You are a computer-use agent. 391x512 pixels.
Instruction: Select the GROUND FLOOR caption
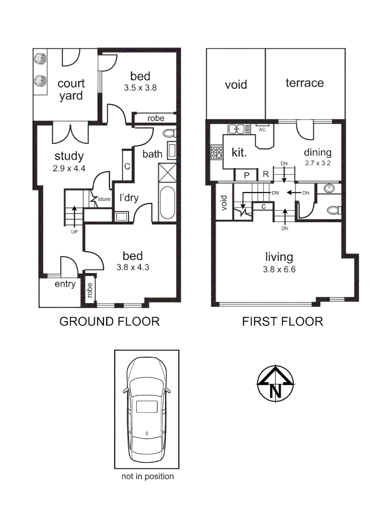coord(109,321)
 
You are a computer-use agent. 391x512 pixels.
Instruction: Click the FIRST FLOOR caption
coord(282,321)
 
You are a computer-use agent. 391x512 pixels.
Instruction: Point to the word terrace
coord(305,83)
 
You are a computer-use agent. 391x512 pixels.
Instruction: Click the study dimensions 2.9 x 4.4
coord(69,167)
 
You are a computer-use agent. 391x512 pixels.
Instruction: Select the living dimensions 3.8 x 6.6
coord(279,269)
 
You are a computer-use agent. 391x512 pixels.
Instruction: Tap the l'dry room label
coord(129,198)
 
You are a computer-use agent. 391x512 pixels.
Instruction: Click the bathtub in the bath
coord(167,203)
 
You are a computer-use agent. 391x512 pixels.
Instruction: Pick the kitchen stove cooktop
coord(217,153)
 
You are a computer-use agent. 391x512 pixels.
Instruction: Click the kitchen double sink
coord(236,128)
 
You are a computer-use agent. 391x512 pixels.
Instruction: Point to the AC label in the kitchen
coord(261,128)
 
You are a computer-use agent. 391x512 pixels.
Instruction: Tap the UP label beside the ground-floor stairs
coord(74,232)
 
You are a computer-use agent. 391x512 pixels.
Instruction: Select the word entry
coord(65,284)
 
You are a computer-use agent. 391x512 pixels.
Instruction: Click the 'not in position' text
coord(148,476)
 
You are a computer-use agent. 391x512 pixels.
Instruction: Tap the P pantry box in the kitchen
coord(246,175)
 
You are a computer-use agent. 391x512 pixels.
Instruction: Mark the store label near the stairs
coord(104,199)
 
